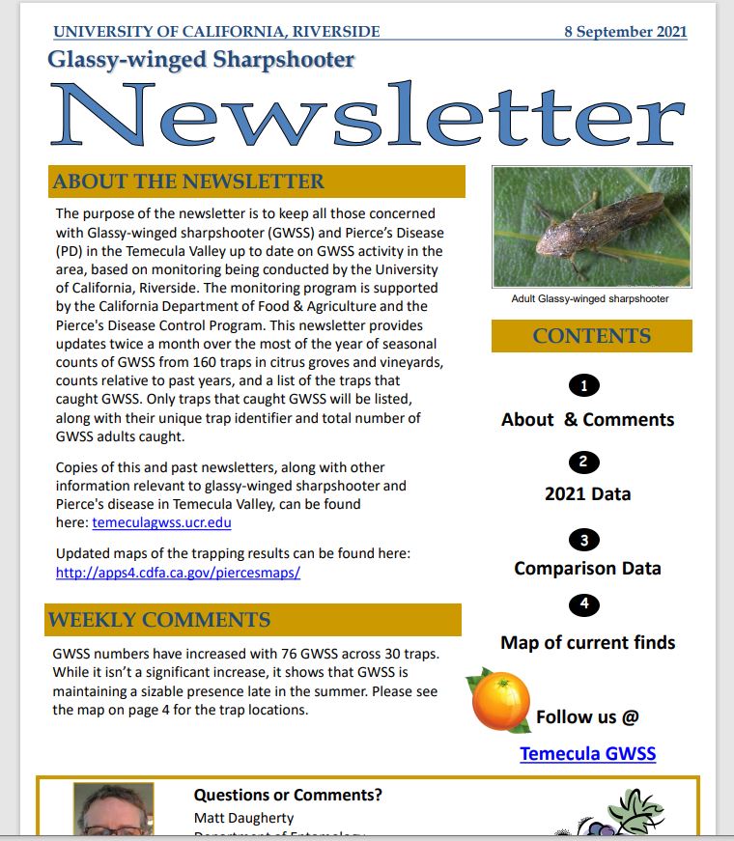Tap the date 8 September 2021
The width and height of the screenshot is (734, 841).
coord(625,31)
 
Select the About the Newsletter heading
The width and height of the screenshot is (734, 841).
coord(189,182)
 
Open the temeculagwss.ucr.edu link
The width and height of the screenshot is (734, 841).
coord(161,523)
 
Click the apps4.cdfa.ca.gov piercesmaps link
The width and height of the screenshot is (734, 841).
coord(178,572)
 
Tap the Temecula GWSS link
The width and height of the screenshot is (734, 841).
coord(587,753)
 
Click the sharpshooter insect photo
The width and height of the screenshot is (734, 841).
coord(591,227)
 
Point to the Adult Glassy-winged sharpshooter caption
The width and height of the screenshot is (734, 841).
coord(590,299)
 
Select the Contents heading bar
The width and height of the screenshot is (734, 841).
coord(591,336)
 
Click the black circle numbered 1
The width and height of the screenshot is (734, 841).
coord(584,386)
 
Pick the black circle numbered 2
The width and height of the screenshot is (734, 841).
coord(584,463)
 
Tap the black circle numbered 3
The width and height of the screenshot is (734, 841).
coord(584,539)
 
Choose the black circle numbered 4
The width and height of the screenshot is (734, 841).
coord(584,605)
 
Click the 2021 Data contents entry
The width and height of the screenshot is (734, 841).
coord(587,493)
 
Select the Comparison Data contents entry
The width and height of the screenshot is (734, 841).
coord(587,568)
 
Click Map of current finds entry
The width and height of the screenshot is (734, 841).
coord(587,642)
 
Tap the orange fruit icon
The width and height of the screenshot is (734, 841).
coord(500,701)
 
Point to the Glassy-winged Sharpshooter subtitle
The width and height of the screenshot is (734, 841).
coord(201,59)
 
